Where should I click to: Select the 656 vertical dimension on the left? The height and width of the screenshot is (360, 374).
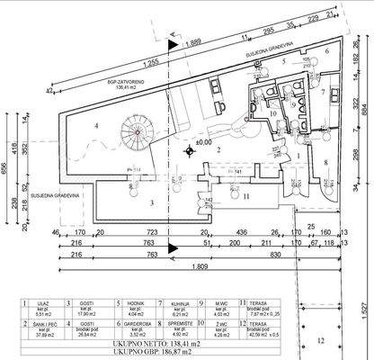point(7,172)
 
